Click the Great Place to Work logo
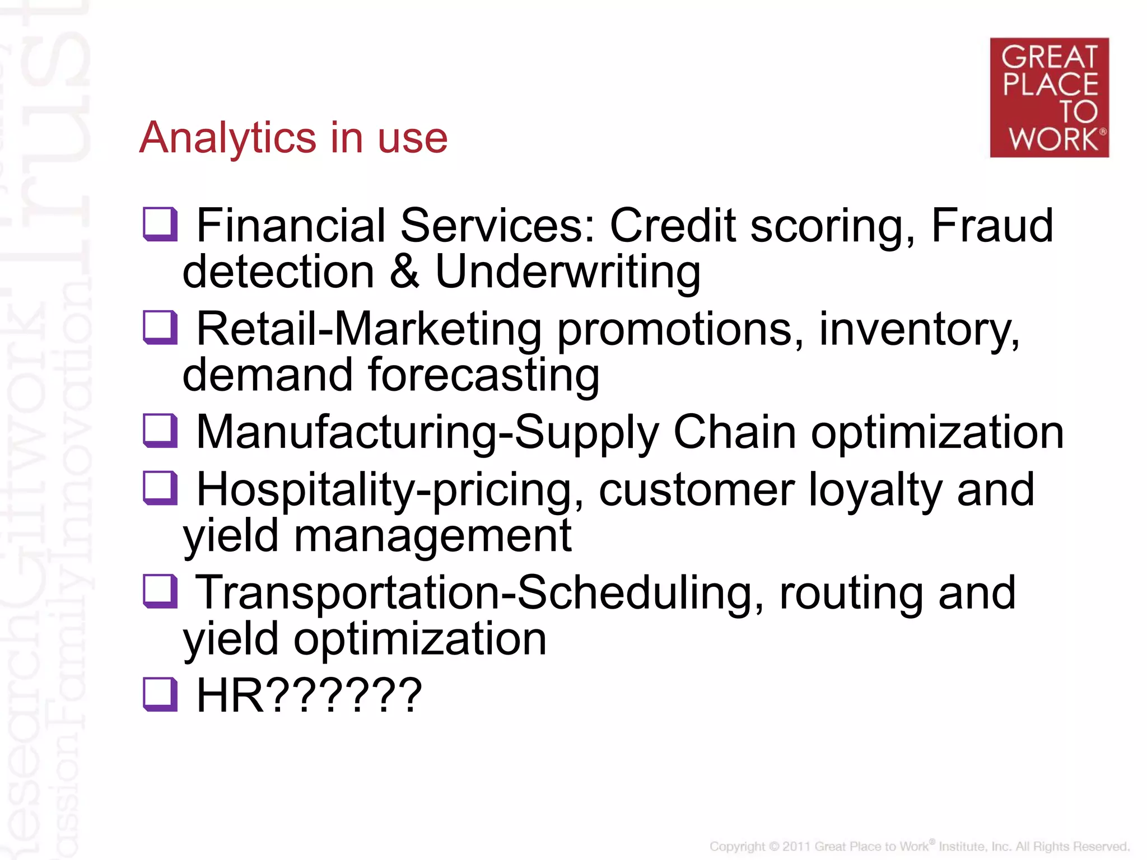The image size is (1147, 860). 1049,97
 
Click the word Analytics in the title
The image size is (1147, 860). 227,138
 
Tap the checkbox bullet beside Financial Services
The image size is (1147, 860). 160,225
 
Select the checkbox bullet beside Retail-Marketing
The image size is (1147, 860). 160,328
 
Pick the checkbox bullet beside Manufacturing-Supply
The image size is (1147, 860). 160,431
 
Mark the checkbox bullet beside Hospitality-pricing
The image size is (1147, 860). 160,488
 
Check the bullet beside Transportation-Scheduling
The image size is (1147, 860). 160,592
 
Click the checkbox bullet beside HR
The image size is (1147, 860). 160,695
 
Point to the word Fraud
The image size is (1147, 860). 992,225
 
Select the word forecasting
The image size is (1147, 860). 483,375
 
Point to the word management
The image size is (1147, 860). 432,536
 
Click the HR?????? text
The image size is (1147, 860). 309,695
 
